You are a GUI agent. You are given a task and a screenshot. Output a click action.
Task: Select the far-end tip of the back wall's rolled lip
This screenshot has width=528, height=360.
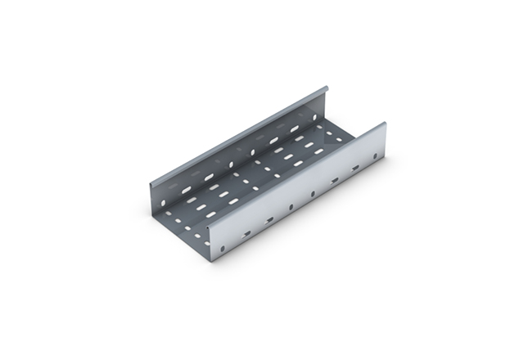(327, 86)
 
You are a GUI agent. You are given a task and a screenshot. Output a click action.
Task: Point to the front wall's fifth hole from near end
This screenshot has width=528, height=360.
(313, 193)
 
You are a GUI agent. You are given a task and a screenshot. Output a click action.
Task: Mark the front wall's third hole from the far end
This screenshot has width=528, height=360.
(335, 180)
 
